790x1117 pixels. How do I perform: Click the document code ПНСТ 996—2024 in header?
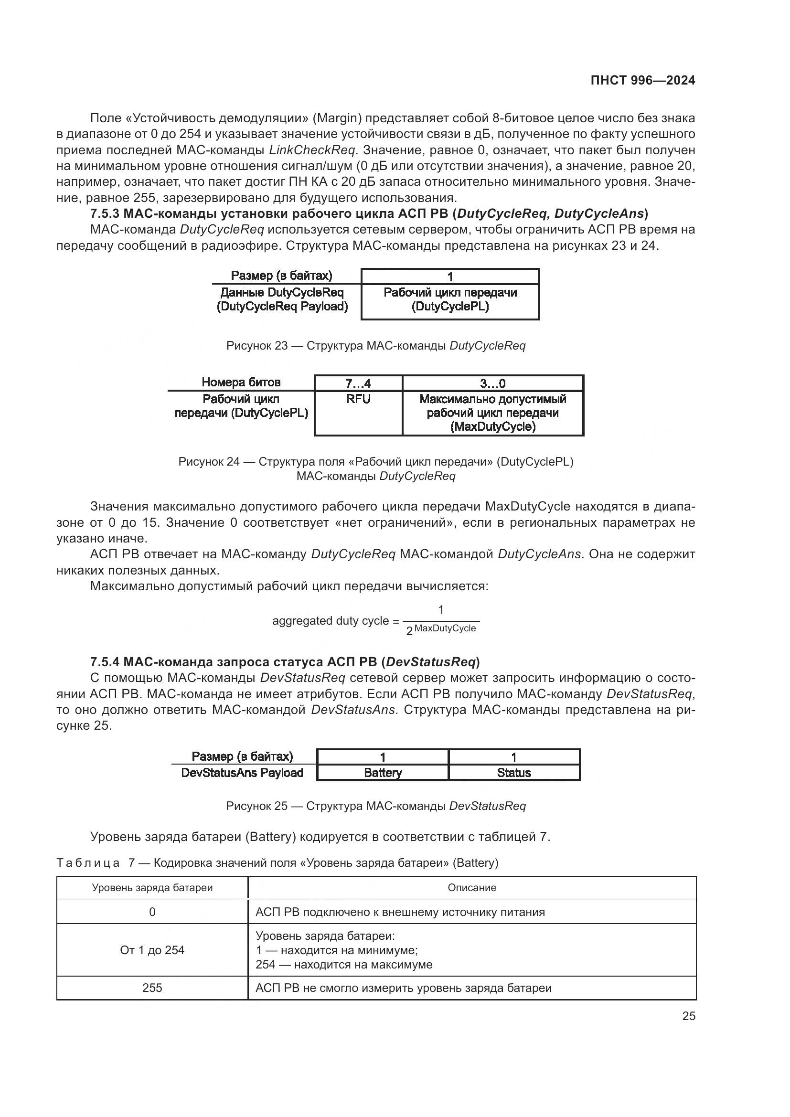coord(642,80)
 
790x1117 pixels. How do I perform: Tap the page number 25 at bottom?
coord(688,1016)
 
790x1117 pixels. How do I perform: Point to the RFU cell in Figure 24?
coord(358,399)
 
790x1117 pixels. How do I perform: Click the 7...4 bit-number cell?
coord(358,383)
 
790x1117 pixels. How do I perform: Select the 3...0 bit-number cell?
coord(492,383)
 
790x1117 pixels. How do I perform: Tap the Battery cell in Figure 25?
coord(383,773)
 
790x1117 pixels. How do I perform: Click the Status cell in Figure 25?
coord(514,773)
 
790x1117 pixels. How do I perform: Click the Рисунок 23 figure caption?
coord(375,346)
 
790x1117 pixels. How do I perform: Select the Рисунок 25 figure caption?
coord(375,806)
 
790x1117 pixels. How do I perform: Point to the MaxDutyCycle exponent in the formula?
coord(445,628)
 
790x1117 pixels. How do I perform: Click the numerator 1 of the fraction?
coord(441,609)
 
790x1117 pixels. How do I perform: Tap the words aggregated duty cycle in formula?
coord(331,621)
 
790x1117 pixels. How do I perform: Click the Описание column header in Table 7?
coord(471,887)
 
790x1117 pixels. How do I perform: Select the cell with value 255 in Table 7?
coord(152,988)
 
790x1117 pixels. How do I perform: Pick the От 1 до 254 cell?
coord(152,950)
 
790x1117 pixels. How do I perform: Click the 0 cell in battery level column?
coord(152,912)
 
